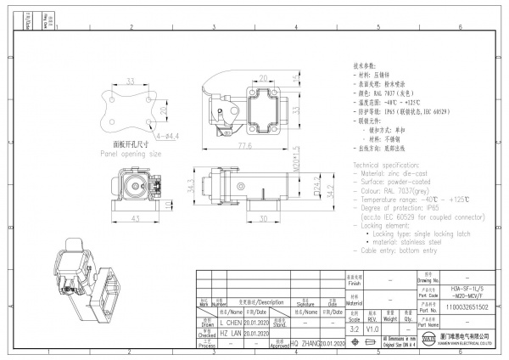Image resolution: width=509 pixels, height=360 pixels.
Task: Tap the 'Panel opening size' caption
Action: [x=131, y=155]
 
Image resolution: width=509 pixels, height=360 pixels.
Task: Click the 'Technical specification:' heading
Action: [x=391, y=160]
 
